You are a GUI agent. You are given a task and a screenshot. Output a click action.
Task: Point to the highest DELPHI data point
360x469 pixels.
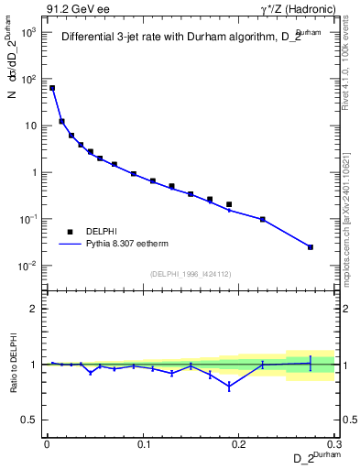52,88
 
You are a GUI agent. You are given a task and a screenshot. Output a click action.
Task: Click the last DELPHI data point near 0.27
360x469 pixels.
311,247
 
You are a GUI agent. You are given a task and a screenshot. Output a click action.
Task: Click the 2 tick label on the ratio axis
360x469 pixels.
35,309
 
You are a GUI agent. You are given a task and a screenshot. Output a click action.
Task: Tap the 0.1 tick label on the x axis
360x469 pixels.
143,444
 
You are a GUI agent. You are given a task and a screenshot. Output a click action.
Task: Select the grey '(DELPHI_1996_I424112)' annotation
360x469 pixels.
191,273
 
